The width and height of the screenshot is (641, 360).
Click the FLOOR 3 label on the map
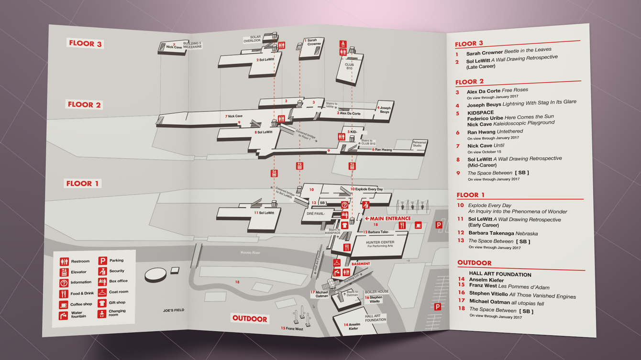[x=85, y=44]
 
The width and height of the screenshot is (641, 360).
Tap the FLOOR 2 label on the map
[x=84, y=105]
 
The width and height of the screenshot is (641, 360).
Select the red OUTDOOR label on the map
[x=250, y=318]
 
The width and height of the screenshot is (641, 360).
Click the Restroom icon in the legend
[x=64, y=262]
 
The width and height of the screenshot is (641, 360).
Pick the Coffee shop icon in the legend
[x=64, y=305]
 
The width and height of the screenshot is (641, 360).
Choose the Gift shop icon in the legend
[x=102, y=303]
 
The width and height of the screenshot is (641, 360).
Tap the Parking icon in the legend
[x=102, y=261]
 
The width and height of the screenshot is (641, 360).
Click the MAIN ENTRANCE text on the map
[x=388, y=218]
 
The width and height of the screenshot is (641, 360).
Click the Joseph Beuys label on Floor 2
[x=385, y=110]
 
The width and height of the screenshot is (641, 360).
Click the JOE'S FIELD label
[x=173, y=310]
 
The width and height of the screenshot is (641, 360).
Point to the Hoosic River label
[x=250, y=252]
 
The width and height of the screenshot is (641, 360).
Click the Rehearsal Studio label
[x=419, y=143]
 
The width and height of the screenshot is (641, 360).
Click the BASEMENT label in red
[x=361, y=264]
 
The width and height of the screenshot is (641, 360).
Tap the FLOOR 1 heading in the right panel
[x=471, y=195]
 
